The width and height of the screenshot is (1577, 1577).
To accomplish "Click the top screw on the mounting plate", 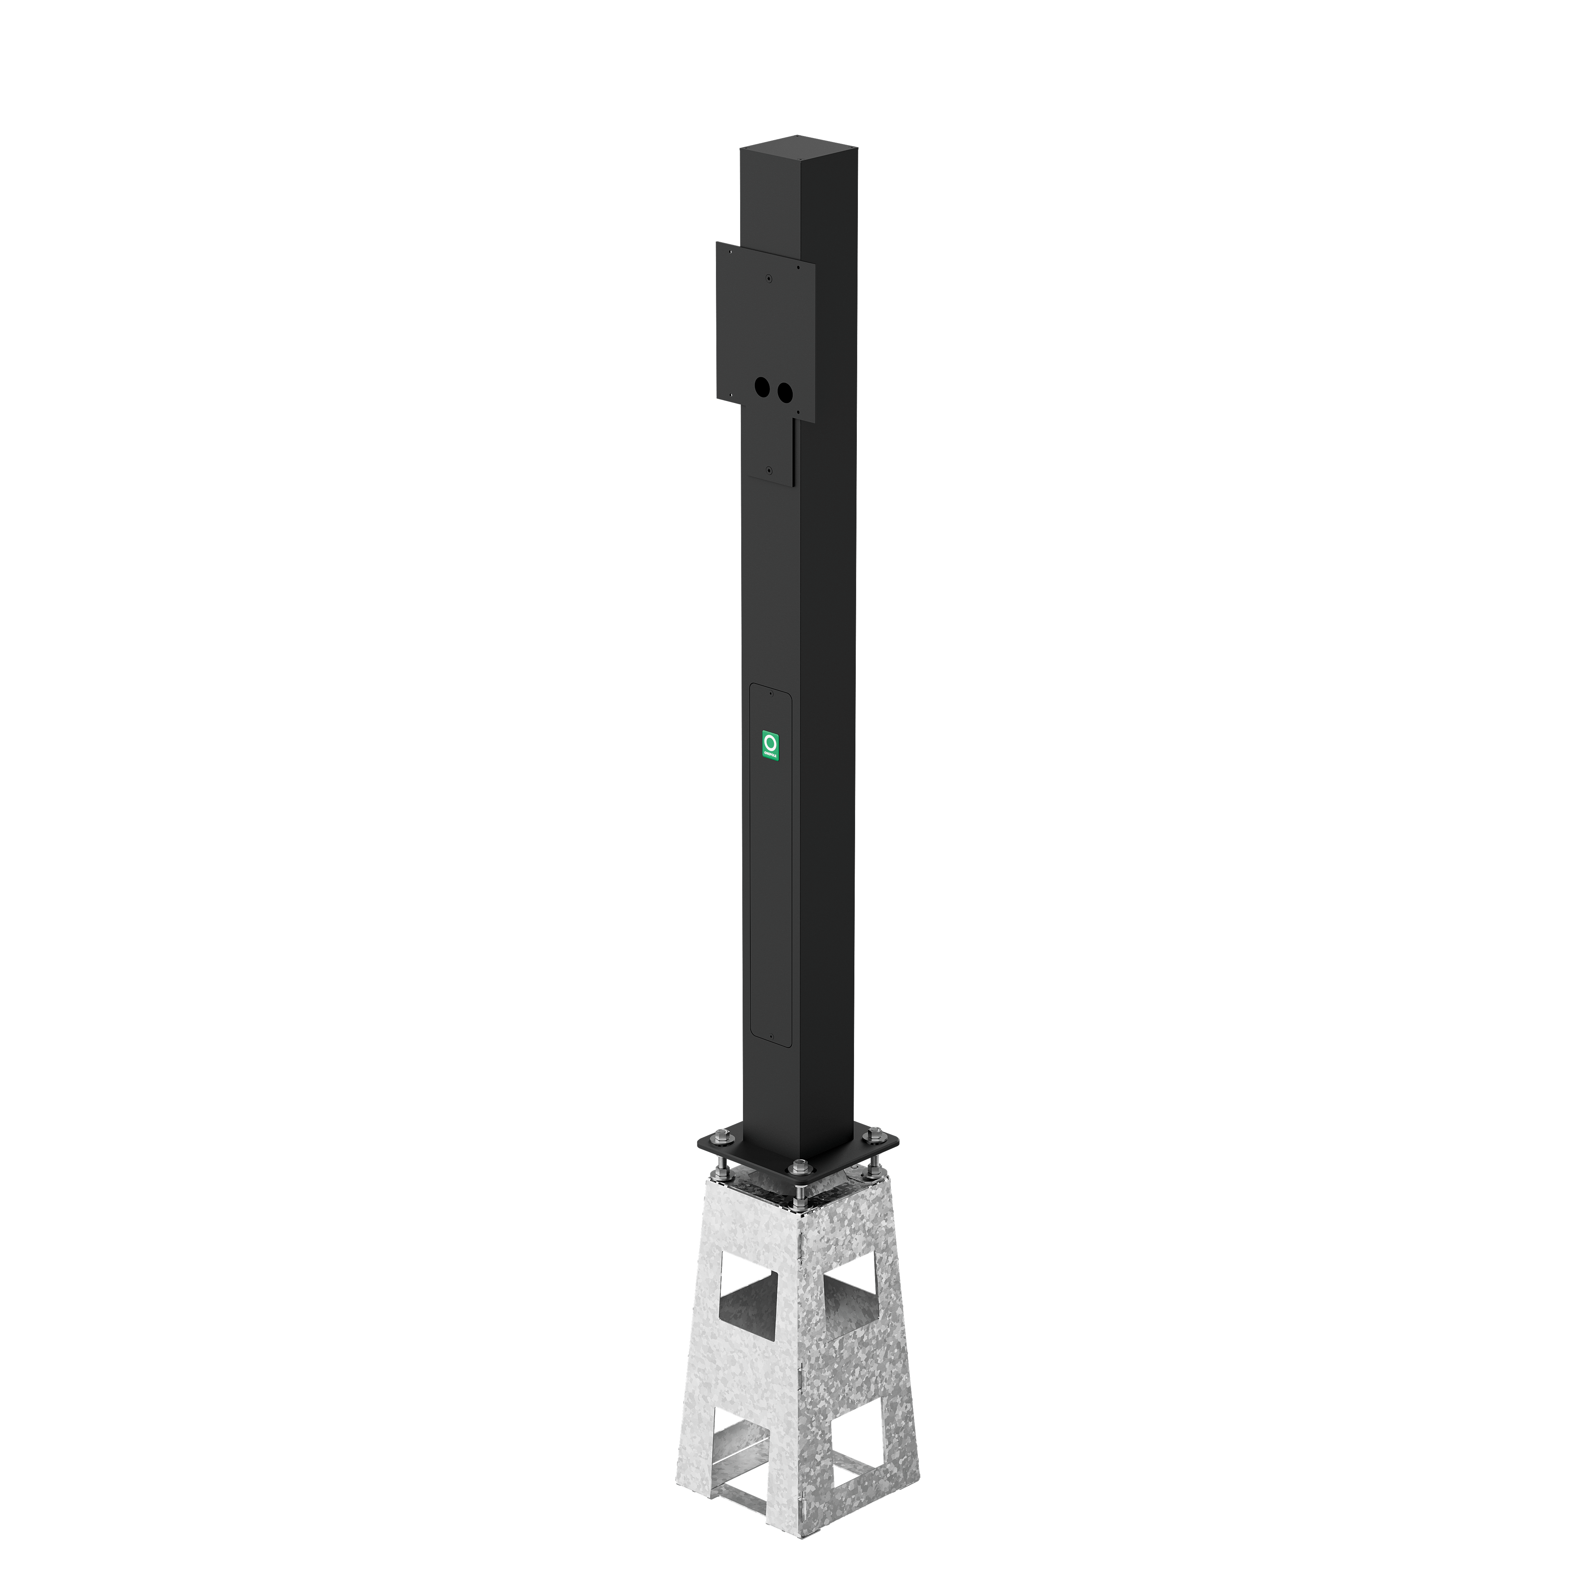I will [768, 278].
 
